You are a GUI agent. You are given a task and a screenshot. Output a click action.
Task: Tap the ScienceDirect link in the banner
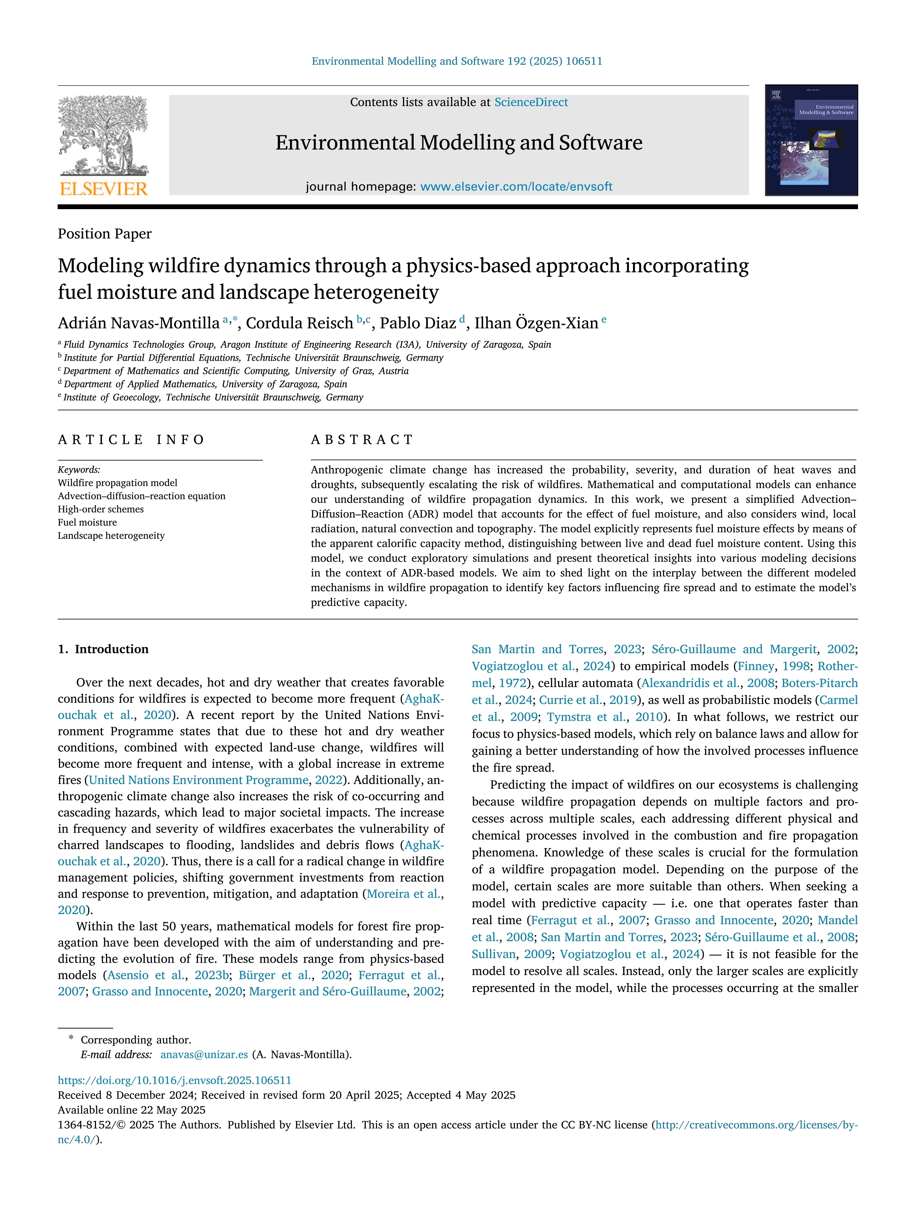(531, 102)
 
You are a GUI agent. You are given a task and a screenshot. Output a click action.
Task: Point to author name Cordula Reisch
(299, 323)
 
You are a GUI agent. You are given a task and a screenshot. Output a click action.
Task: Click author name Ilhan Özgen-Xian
(536, 323)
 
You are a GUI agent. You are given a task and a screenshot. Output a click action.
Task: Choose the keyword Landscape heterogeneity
(111, 535)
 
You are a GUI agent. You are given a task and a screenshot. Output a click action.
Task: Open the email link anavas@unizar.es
(204, 1055)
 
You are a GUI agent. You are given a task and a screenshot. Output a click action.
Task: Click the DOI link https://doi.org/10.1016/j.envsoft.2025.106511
(174, 1080)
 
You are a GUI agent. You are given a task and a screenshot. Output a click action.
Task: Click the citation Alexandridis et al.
(690, 683)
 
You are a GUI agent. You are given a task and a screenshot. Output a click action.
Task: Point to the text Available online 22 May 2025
(131, 1110)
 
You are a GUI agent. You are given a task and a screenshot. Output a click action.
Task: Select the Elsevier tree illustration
(103, 135)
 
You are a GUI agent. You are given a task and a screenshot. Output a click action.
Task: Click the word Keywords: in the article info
(79, 470)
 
